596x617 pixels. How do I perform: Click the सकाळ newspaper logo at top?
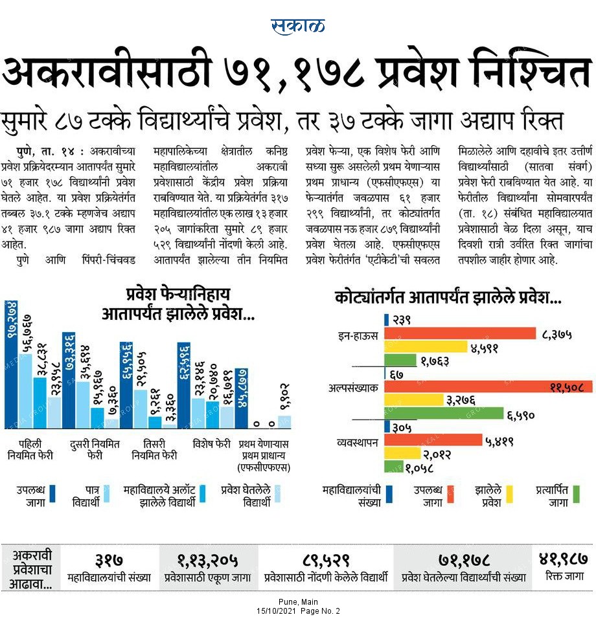coord(297,27)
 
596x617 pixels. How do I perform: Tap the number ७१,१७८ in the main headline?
coord(294,71)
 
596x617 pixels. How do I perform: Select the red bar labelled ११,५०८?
coord(488,387)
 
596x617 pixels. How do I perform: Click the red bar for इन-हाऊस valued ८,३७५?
coord(460,333)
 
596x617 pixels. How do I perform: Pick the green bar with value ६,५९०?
coord(444,413)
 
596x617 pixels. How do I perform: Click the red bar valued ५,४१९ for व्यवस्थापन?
coord(433,440)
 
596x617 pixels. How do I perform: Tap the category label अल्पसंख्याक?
coord(353,388)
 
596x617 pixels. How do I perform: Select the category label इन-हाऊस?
coord(358,335)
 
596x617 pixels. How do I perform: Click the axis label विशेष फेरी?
coord(211,444)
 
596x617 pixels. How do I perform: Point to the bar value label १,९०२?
coord(284,397)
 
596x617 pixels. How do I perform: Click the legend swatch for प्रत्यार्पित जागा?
coord(577,494)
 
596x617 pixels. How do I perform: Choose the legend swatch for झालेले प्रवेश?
coord(509,494)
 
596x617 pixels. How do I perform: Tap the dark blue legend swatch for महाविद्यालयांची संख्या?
coord(389,494)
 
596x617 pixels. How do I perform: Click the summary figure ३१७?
coord(109,559)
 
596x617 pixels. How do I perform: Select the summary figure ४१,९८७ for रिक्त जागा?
coord(564,558)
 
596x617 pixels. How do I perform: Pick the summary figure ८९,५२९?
coord(326,560)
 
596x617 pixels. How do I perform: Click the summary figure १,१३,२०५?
coord(207,560)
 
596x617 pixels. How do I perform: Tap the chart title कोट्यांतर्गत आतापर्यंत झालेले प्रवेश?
coord(448,297)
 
